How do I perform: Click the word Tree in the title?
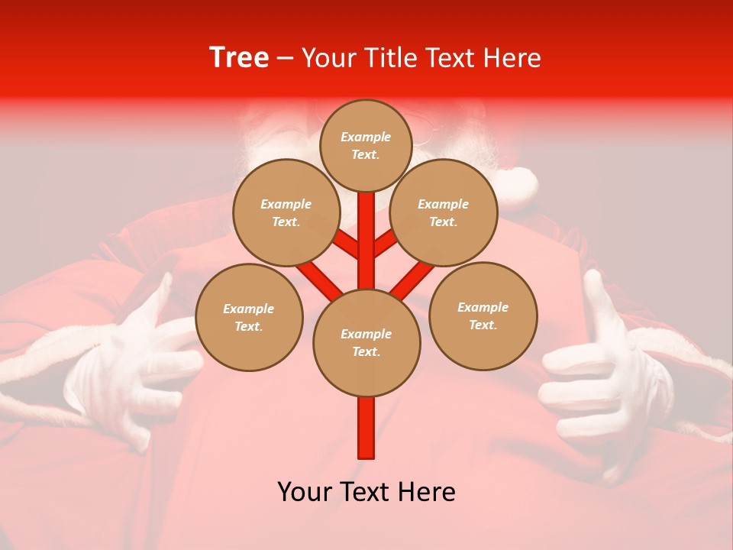click(239, 57)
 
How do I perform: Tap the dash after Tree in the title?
click(285, 59)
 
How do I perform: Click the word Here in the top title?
click(512, 58)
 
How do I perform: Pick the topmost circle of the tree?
click(366, 145)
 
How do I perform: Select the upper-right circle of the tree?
click(444, 212)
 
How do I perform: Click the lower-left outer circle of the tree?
click(249, 317)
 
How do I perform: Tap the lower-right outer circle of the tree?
click(483, 315)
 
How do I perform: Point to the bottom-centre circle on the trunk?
click(366, 343)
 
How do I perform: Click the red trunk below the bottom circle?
click(366, 428)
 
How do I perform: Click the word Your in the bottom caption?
click(304, 492)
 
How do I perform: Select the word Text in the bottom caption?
click(368, 492)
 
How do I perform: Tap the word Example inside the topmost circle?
click(366, 137)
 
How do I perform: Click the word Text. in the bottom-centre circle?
click(366, 352)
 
